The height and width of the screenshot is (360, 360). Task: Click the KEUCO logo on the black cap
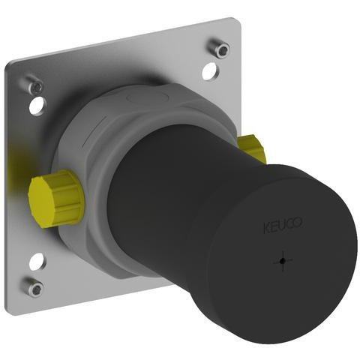click(x=283, y=225)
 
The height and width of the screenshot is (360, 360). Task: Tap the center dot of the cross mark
click(x=283, y=261)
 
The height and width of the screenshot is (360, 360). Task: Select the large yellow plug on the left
click(x=56, y=199)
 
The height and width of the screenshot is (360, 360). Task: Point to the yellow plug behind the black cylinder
click(x=252, y=148)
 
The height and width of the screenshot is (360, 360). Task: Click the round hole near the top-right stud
click(x=210, y=71)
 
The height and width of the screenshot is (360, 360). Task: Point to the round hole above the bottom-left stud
click(x=37, y=261)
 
